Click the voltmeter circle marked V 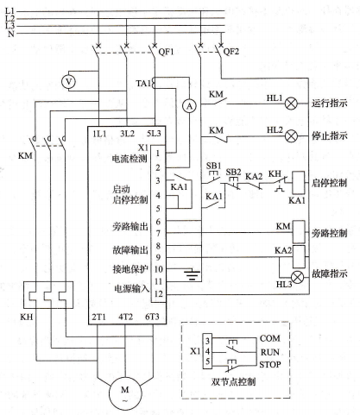(x=68, y=82)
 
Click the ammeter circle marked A (x=189, y=106)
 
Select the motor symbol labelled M (x=125, y=393)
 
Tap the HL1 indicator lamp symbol (x=291, y=104)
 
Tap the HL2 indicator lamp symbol (x=291, y=135)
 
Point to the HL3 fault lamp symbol (x=297, y=277)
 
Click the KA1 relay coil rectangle (x=299, y=183)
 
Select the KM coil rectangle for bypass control (x=299, y=232)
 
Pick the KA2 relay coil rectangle (x=299, y=256)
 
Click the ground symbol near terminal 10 (x=193, y=274)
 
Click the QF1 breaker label (x=166, y=52)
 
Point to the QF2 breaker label (x=231, y=52)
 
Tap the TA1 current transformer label (x=143, y=84)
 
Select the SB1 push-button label (x=213, y=166)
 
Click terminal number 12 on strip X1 (x=159, y=294)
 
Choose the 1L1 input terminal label (x=99, y=134)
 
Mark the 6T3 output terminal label (x=152, y=317)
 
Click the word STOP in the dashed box (x=270, y=365)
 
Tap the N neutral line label (x=10, y=34)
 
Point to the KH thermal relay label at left (x=27, y=317)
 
